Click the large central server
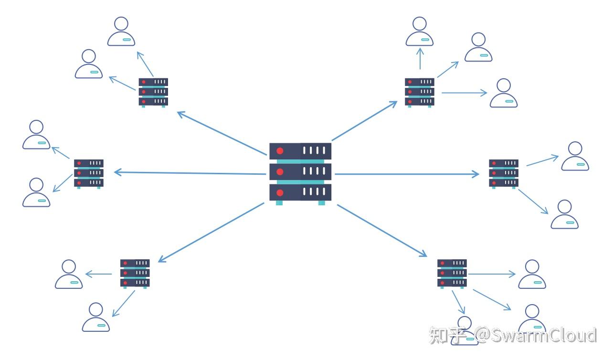pyautogui.click(x=300, y=172)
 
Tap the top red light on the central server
pyautogui.click(x=280, y=151)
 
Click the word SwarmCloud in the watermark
pyautogui.click(x=544, y=336)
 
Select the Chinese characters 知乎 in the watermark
pyautogui.click(x=447, y=336)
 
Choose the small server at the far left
pyautogui.click(x=88, y=173)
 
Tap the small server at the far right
pyautogui.click(x=504, y=173)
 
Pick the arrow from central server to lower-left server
pyautogui.click(x=211, y=232)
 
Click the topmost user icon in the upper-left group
pyautogui.click(x=121, y=32)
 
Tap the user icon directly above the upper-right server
pyautogui.click(x=420, y=32)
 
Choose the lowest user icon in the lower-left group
pyautogui.click(x=96, y=318)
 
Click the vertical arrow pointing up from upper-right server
pyautogui.click(x=420, y=58)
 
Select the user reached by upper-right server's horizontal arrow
pyautogui.click(x=504, y=94)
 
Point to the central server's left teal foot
pyautogui.click(x=279, y=203)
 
